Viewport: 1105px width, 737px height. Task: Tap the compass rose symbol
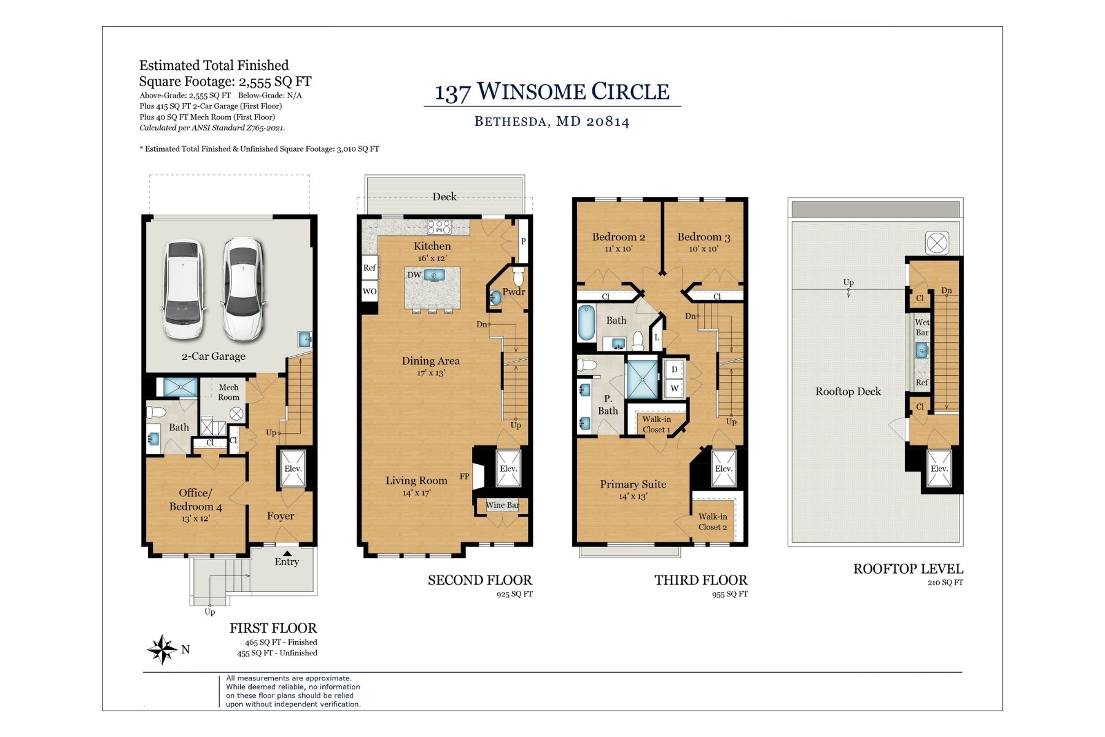[162, 649]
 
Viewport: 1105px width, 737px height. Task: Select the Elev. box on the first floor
[293, 469]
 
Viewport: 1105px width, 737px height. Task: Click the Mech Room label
[229, 392]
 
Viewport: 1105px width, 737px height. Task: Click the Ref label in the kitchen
[369, 268]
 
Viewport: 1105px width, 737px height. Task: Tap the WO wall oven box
[369, 291]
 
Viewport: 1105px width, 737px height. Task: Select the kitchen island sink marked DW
[433, 275]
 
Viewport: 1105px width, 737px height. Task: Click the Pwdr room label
[513, 292]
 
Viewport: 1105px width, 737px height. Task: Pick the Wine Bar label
[502, 505]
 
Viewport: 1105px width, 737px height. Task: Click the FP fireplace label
[465, 476]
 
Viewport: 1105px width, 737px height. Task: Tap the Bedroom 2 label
[618, 237]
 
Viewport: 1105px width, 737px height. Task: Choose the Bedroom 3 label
[704, 237]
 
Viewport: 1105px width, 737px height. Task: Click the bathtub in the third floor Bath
[586, 323]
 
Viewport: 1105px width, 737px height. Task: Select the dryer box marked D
[674, 370]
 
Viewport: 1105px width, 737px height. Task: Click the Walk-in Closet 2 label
[712, 521]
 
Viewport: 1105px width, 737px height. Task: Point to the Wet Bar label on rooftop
[922, 327]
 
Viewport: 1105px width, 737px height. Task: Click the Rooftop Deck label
[848, 391]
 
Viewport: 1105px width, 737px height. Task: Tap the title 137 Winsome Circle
[552, 92]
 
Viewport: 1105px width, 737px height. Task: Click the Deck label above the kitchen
[444, 197]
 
